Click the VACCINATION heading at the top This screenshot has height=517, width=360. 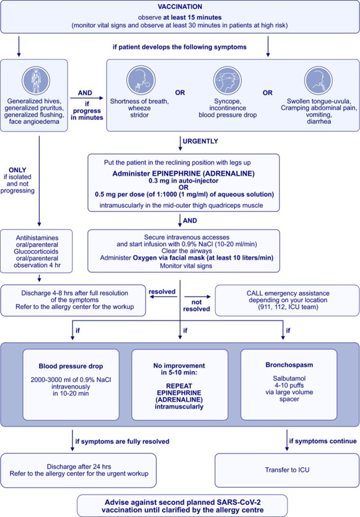(180, 7)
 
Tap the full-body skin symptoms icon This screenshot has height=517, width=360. (36, 81)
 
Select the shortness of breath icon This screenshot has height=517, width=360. (141, 81)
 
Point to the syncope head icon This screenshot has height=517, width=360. (228, 81)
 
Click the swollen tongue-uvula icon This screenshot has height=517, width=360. (319, 81)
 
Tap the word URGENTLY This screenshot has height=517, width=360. (200, 141)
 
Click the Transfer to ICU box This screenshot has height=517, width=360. (287, 470)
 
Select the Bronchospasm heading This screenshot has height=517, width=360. (289, 365)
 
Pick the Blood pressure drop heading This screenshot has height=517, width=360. (71, 366)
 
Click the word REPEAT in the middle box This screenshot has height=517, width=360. (179, 386)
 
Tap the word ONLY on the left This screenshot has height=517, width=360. (18, 170)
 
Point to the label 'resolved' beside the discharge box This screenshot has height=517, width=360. (162, 292)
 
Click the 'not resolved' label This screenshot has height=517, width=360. (197, 306)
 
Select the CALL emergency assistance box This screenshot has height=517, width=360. (287, 300)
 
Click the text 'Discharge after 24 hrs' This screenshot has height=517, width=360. (79, 466)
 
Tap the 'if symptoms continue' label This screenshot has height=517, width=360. (323, 441)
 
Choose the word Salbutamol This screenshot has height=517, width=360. (289, 378)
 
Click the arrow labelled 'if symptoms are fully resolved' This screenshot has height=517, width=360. (72, 440)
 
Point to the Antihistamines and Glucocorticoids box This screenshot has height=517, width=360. (36, 251)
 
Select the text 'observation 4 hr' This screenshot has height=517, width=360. (37, 265)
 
